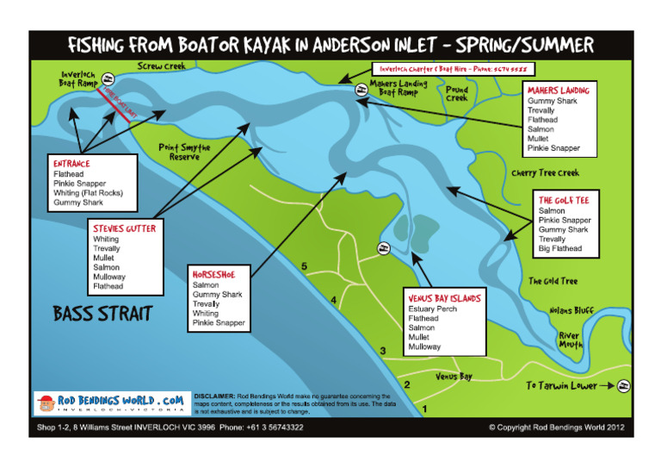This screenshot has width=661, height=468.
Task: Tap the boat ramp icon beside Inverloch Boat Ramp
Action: [x=109, y=77]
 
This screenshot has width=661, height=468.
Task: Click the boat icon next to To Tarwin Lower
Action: [x=624, y=386]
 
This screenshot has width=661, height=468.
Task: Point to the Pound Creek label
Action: [x=457, y=93]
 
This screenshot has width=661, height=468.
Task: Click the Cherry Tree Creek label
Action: [x=546, y=173]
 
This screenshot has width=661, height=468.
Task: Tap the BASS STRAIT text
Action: [x=102, y=313]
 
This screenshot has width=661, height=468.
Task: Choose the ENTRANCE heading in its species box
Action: [x=71, y=163]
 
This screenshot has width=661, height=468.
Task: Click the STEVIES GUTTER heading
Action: [x=124, y=228]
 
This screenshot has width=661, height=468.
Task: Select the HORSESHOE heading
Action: [x=213, y=274]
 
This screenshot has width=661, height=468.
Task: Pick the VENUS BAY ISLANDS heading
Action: [x=444, y=298]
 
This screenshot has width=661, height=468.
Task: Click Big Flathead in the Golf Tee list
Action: [x=559, y=248]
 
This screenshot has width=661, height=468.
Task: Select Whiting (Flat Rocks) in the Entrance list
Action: [x=88, y=193]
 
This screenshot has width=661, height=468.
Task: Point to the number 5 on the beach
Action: [x=304, y=266]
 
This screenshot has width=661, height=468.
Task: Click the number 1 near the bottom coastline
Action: [x=423, y=408]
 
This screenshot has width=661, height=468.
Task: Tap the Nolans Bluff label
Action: [x=571, y=310]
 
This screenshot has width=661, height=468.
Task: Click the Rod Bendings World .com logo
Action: [x=109, y=402]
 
